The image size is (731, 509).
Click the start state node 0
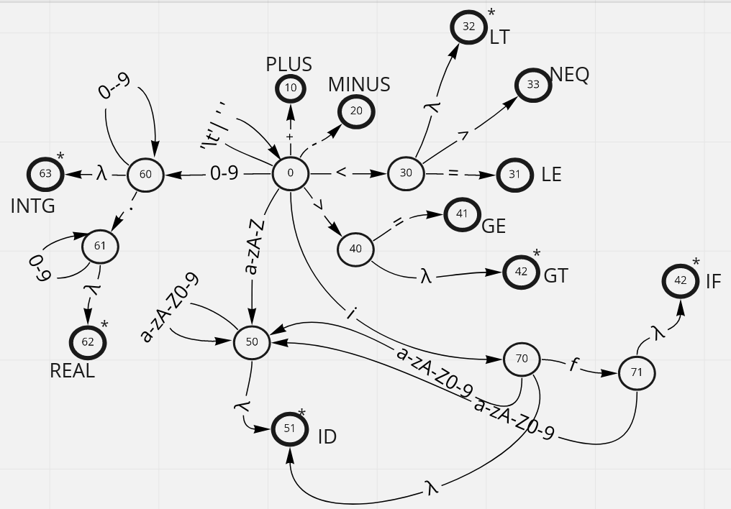click(291, 173)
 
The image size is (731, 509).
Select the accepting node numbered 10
click(291, 88)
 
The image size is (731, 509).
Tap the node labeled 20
click(356, 111)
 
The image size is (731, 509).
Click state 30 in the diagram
click(406, 173)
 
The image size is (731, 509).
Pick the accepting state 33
click(532, 85)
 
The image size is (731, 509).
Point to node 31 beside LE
click(514, 175)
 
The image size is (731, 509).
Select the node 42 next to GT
click(520, 272)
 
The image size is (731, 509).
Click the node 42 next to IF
click(681, 281)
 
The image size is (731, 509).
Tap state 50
click(252, 342)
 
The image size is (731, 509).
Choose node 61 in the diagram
click(100, 247)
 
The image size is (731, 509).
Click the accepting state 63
click(45, 174)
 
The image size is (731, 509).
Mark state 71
click(637, 373)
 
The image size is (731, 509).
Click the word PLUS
click(289, 64)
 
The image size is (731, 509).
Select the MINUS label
click(359, 84)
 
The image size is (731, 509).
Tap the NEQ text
click(570, 74)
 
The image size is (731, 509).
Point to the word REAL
click(72, 371)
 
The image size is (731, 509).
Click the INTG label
click(33, 206)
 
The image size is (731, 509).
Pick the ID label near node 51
click(327, 437)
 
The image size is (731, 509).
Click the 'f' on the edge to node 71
click(573, 365)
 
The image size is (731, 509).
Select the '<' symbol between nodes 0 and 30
click(341, 173)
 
